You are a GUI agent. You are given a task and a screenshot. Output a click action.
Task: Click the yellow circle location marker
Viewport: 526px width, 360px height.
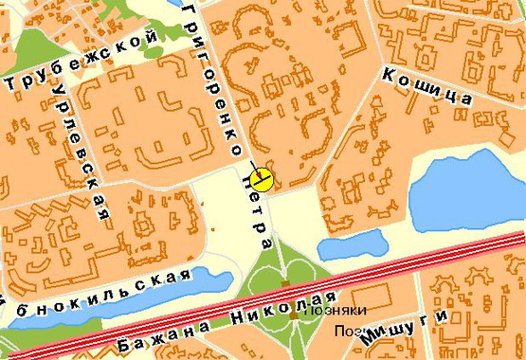click(263, 179)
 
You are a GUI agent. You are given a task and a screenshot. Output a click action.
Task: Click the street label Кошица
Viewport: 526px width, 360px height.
click(426, 85)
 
